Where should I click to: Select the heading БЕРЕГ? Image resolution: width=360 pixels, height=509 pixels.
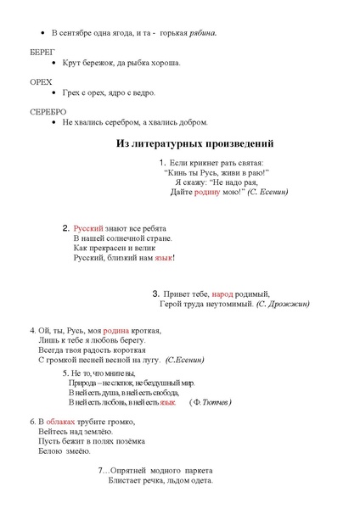coord(42,51)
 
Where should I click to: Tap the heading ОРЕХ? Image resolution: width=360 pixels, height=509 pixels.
coord(40,81)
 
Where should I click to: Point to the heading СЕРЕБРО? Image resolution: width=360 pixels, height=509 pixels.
coord(48,112)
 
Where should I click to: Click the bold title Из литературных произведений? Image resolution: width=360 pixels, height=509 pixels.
coord(194,143)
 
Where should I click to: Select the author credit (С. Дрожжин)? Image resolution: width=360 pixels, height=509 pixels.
coord(283,304)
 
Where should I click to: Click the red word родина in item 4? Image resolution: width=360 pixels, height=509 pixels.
coord(116,330)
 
